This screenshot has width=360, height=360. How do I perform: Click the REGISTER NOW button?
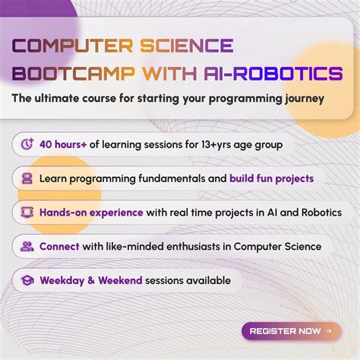(x=291, y=330)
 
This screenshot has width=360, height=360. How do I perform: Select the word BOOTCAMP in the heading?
(x=72, y=74)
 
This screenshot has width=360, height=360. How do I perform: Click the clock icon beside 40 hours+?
(x=27, y=144)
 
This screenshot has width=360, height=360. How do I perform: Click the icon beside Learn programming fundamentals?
(x=27, y=178)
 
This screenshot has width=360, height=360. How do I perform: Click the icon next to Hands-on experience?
(x=27, y=213)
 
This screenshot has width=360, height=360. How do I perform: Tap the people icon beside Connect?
(x=27, y=246)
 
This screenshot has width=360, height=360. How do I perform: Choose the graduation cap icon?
(x=27, y=280)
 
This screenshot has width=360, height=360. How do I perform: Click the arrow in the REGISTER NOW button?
(x=327, y=330)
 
